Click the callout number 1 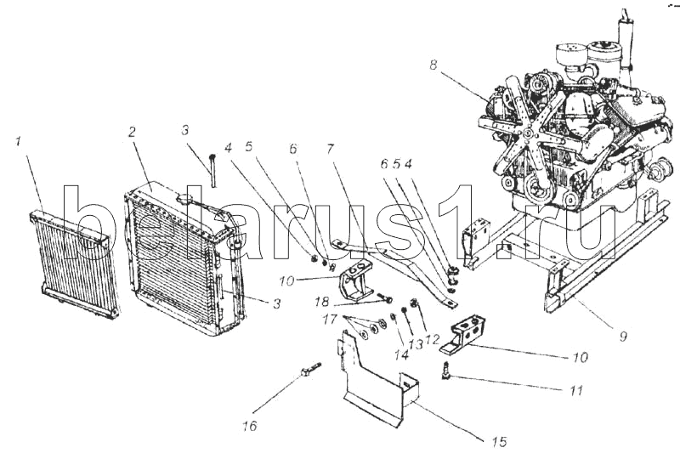[x=19, y=141]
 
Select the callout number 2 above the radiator [x=133, y=132]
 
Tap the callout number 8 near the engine [x=433, y=65]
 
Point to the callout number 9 [x=623, y=337]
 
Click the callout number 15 [x=499, y=442]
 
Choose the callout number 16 [x=250, y=426]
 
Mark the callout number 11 [x=575, y=390]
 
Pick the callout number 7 [x=331, y=150]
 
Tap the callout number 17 [x=330, y=320]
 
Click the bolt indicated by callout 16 [x=310, y=370]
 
